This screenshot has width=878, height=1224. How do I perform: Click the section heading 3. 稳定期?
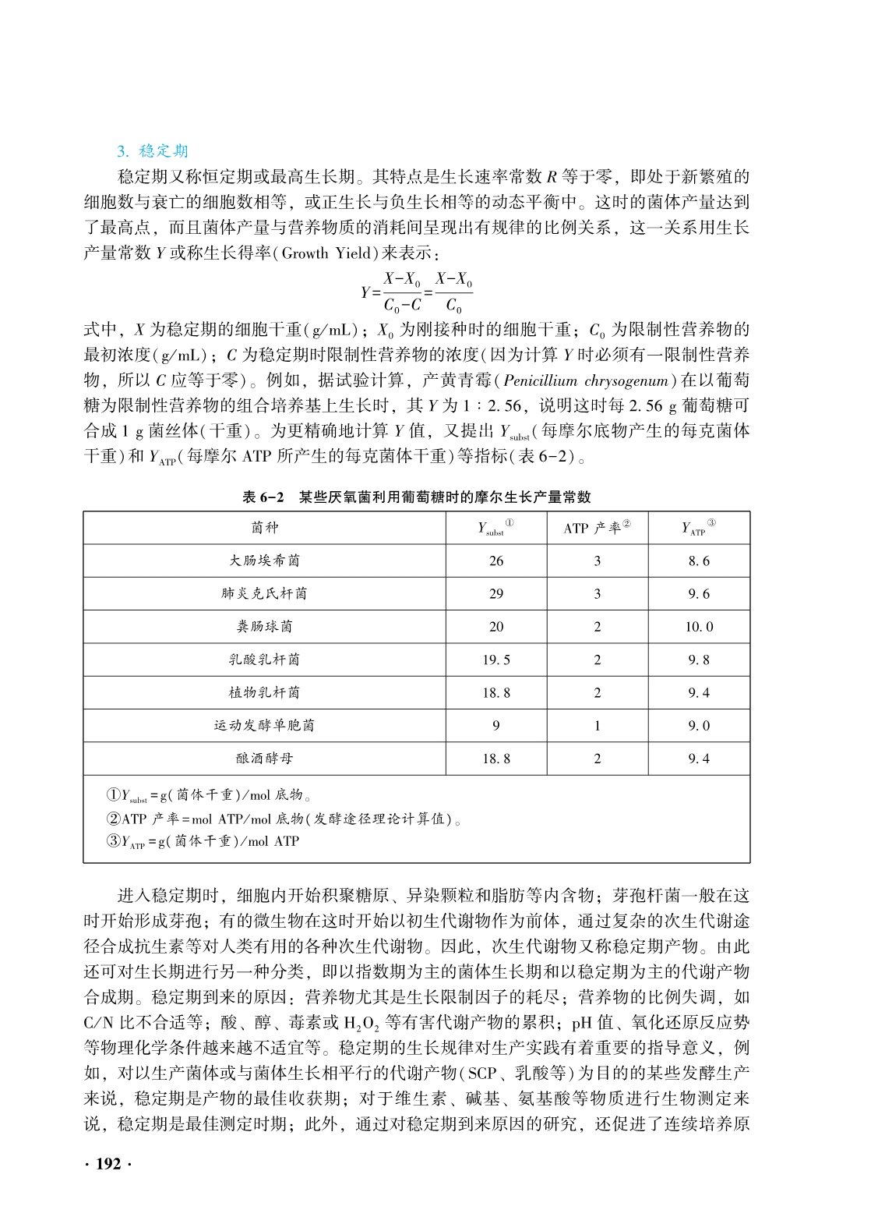(153, 150)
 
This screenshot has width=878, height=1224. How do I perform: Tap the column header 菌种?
(264, 528)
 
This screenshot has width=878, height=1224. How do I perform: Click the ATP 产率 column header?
(597, 528)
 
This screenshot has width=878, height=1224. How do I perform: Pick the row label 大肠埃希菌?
(264, 561)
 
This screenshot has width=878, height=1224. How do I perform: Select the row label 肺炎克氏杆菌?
(264, 593)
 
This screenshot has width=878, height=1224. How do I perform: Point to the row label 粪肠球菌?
(264, 627)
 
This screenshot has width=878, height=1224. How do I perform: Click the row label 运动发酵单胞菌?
(264, 725)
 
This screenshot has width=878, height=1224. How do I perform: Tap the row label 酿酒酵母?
(264, 758)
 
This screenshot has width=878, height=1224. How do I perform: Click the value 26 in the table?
(496, 561)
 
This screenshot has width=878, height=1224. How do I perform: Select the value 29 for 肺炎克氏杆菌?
(496, 593)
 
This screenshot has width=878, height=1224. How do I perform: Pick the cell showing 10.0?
(699, 627)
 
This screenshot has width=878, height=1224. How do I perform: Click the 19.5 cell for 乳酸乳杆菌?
(496, 660)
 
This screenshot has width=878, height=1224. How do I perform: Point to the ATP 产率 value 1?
(598, 725)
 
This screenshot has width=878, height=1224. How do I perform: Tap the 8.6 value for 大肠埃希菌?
(699, 561)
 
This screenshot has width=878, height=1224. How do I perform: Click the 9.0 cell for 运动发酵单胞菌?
(699, 725)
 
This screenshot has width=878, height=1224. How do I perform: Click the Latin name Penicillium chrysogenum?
(587, 380)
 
